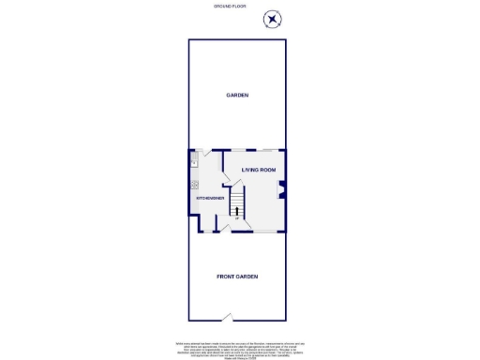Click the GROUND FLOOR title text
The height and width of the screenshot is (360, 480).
pyautogui.click(x=229, y=7)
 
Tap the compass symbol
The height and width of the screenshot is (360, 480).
pyautogui.click(x=272, y=20)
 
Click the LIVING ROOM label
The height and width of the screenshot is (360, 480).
pyautogui.click(x=259, y=170)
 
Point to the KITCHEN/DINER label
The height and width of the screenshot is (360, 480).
pyautogui.click(x=208, y=199)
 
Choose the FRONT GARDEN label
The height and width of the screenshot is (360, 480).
pyautogui.click(x=237, y=277)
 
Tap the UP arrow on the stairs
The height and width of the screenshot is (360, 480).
pyautogui.click(x=236, y=211)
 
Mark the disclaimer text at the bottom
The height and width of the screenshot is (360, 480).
pyautogui.click(x=240, y=346)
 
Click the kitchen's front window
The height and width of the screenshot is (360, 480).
pyautogui.click(x=202, y=232)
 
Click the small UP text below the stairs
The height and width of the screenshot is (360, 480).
pyautogui.click(x=236, y=218)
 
